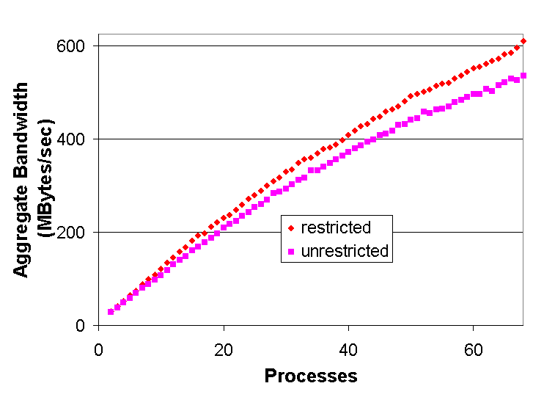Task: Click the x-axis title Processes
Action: click(311, 376)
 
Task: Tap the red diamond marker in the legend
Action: click(291, 227)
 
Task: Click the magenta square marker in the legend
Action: click(291, 251)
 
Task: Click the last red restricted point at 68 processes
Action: click(523, 41)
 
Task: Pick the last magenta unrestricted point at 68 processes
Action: click(523, 76)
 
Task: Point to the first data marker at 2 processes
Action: click(111, 312)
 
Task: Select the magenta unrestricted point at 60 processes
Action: click(473, 94)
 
